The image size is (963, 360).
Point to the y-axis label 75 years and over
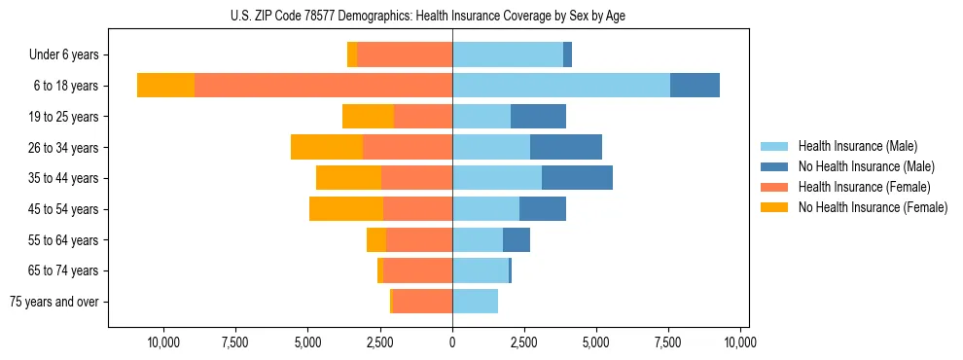click(x=54, y=302)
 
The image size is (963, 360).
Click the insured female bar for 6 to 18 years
click(x=323, y=86)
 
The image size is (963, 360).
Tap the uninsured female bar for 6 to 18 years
click(x=165, y=86)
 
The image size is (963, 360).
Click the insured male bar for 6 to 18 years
click(x=560, y=86)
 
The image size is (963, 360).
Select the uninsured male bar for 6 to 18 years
click(x=695, y=86)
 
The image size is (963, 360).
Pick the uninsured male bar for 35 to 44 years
click(x=577, y=178)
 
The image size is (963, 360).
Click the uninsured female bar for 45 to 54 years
click(x=346, y=209)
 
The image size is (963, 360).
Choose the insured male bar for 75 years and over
click(x=475, y=302)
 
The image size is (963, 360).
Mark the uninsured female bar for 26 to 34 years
click(x=327, y=148)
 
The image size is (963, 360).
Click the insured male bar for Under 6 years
click(x=507, y=55)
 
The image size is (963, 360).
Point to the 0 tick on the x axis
click(x=452, y=342)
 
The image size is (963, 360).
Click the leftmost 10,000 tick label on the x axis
click(x=163, y=342)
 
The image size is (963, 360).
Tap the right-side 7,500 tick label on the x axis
click(x=668, y=342)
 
